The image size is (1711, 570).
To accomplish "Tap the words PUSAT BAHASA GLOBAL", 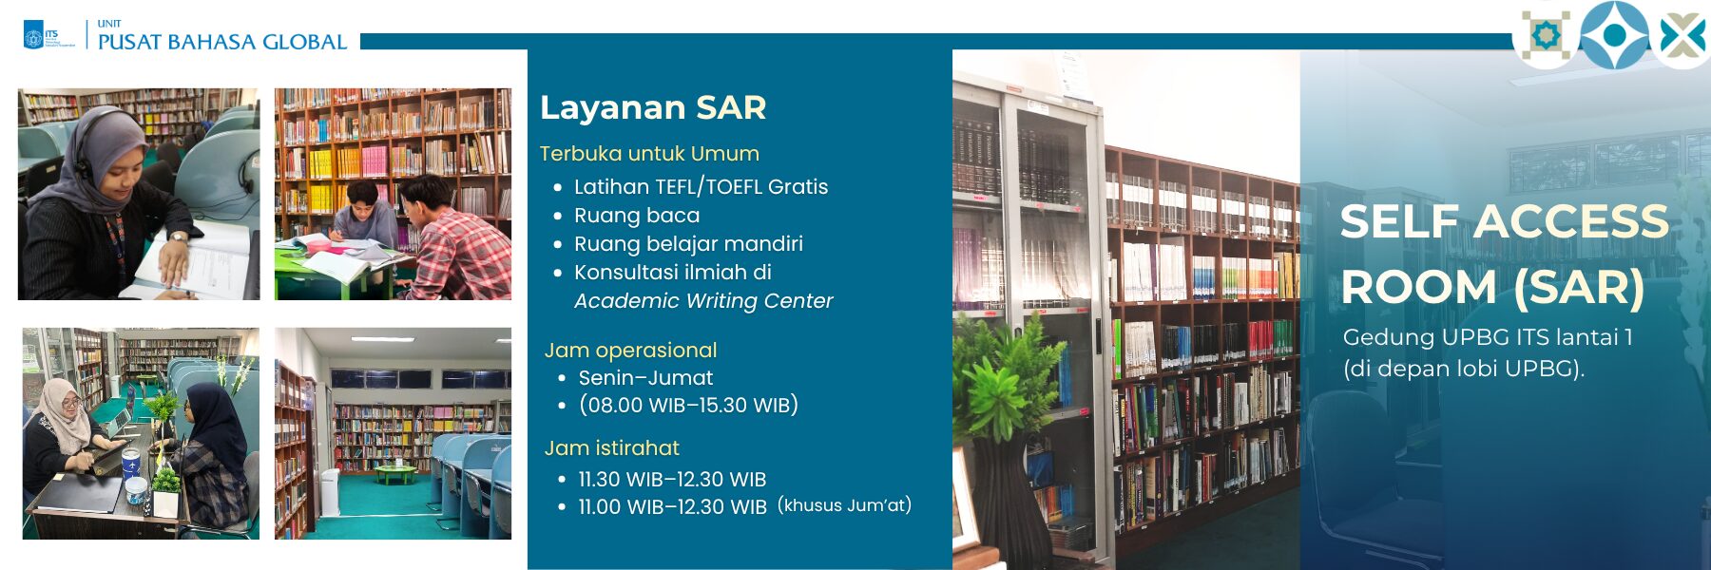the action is coord(222,42).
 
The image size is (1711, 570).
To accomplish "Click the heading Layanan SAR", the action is coord(653,107).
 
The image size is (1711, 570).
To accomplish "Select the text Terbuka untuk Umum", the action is coord(649,154).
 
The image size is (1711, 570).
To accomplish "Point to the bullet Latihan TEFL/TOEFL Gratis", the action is coord(702,187).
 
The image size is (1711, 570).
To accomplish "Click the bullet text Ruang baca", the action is coord(637,216).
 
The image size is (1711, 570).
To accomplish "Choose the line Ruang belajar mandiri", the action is coord(688,244).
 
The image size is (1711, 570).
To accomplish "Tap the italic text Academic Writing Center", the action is coord(703,301).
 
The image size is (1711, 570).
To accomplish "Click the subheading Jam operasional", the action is coord(630,351).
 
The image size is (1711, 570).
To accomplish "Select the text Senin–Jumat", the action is coord(645,378).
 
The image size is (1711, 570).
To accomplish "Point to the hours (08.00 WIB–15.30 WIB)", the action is coord(688,406).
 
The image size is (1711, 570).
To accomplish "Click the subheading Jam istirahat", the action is coord(612,448).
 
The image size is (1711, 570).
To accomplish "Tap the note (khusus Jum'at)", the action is coord(844,505).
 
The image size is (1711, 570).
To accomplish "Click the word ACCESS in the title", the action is coord(1571,221).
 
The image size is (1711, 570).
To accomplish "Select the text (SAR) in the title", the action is coord(1579,287).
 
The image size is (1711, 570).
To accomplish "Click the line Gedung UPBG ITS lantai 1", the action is coord(1488,337).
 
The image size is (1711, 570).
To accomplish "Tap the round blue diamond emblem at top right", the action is coord(1614,35).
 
